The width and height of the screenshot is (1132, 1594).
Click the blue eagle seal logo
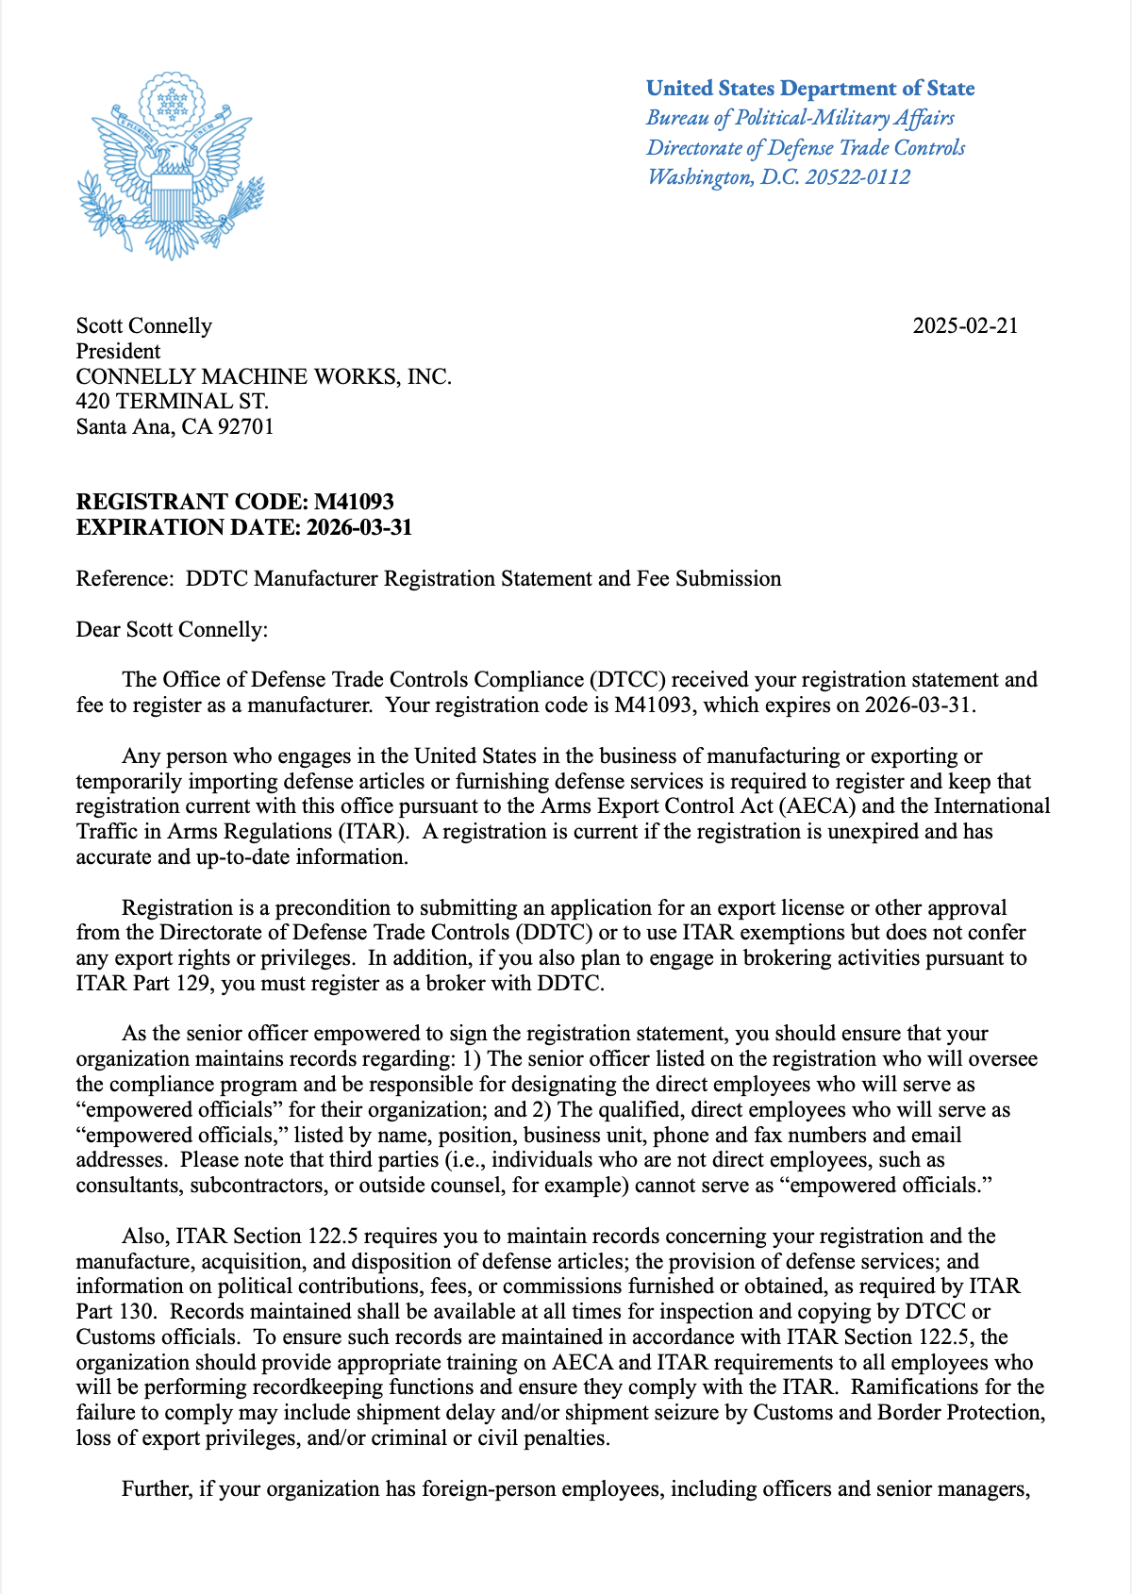click(x=171, y=166)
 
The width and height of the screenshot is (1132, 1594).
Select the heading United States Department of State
click(x=810, y=89)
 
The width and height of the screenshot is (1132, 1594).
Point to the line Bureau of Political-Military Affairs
click(x=800, y=118)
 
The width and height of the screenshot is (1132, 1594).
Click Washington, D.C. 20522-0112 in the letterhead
click(x=778, y=177)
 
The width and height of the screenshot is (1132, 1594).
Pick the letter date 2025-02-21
click(x=965, y=326)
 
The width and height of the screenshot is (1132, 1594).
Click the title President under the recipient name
click(x=118, y=352)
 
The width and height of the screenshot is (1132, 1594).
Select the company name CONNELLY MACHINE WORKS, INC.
click(x=264, y=377)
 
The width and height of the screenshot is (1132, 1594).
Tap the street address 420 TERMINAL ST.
click(x=173, y=402)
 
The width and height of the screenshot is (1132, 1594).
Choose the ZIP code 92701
click(x=245, y=427)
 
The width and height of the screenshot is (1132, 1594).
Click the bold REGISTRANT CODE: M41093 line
click(x=235, y=502)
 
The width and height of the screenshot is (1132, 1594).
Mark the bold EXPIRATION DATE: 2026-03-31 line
click(x=244, y=527)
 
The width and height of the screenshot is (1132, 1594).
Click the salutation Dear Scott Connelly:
click(x=172, y=630)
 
